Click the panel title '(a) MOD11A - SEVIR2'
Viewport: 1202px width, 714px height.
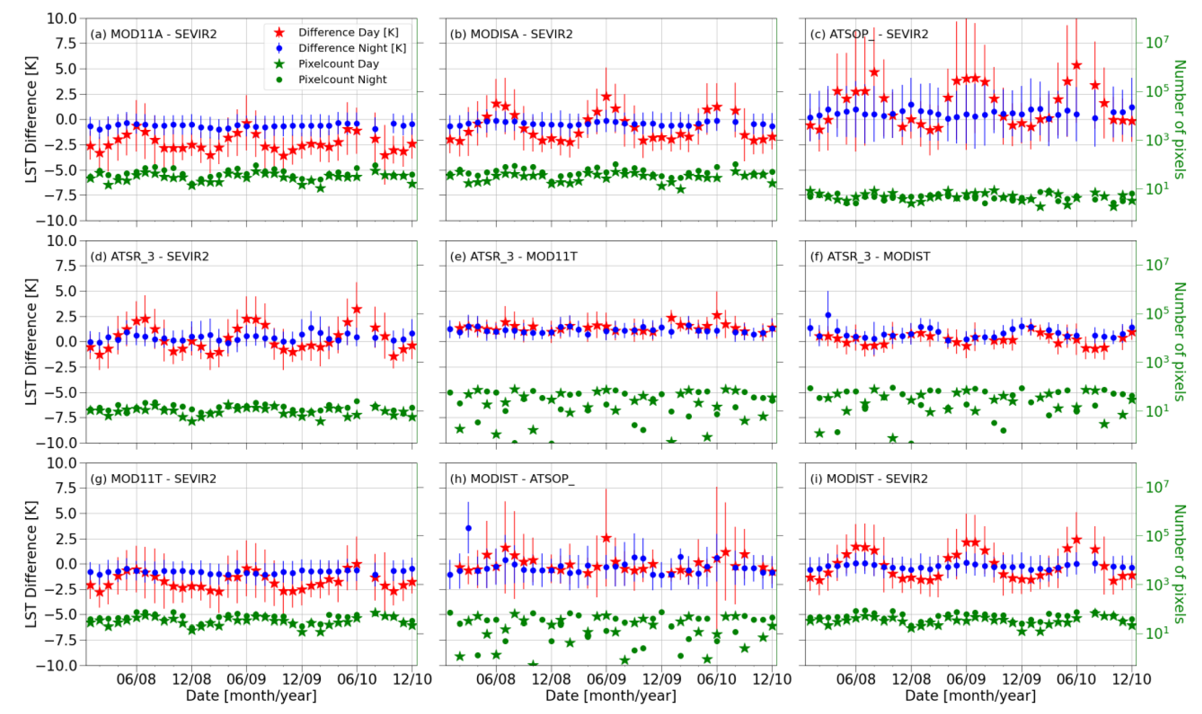(153, 34)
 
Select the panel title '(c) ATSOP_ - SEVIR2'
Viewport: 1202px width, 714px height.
(869, 34)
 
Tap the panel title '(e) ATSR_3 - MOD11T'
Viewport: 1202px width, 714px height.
(514, 256)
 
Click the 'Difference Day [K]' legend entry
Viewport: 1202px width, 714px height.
(348, 32)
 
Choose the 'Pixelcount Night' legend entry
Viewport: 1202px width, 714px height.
(342, 79)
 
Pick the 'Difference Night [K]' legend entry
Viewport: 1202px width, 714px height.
(352, 48)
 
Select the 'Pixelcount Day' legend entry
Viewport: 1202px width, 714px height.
(338, 64)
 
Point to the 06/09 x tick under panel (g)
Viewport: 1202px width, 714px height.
(246, 679)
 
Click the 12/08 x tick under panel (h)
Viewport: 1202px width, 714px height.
(551, 679)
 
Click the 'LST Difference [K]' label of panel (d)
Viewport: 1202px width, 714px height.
(31, 342)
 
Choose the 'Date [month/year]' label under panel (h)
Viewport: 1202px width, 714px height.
(611, 696)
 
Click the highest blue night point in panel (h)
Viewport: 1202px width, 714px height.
(468, 528)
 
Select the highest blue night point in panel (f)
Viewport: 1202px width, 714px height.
(828, 315)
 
